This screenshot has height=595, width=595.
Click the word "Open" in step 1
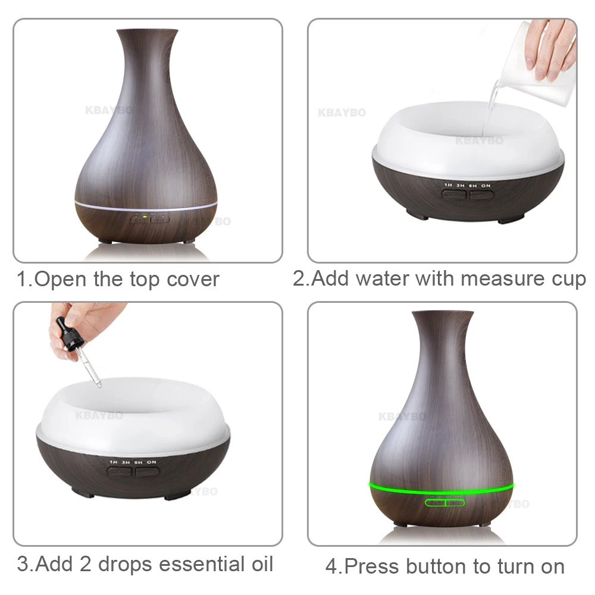point(61,279)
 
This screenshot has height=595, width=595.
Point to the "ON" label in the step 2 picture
point(486,186)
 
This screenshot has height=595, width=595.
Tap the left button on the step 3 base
point(119,472)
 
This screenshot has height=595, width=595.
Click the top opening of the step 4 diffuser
point(443,314)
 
